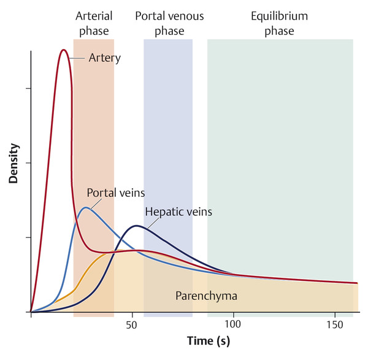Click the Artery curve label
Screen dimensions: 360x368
click(x=104, y=58)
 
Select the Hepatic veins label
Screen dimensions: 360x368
click(x=178, y=212)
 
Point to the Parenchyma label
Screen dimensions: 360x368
click(x=206, y=296)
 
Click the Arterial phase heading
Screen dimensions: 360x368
click(x=93, y=23)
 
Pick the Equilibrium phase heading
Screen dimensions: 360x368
click(x=280, y=23)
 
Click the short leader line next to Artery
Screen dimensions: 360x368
click(x=77, y=58)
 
